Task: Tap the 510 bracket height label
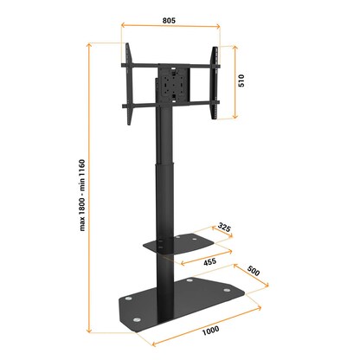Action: coord(245,81)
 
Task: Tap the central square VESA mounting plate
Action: coord(170,86)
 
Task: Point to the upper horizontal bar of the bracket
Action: coord(170,63)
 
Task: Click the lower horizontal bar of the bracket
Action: coord(170,106)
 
